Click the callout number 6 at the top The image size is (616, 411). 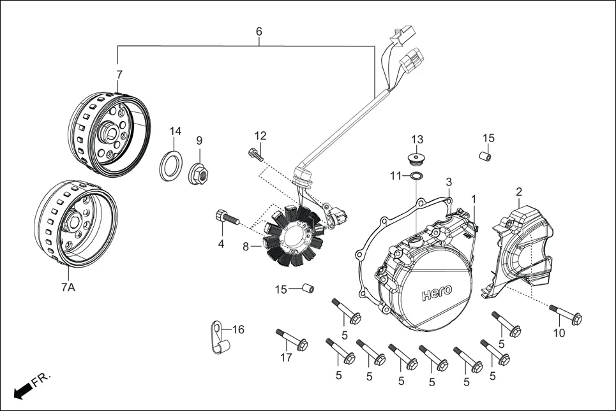[259, 31]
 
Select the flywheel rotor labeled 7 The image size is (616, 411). [111, 131]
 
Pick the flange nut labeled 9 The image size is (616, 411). [199, 173]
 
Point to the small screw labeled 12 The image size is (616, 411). [255, 154]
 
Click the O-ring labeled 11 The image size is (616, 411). [415, 176]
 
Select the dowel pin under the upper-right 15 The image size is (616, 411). [486, 155]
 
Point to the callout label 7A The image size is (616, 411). [68, 288]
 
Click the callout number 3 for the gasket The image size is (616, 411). [449, 182]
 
